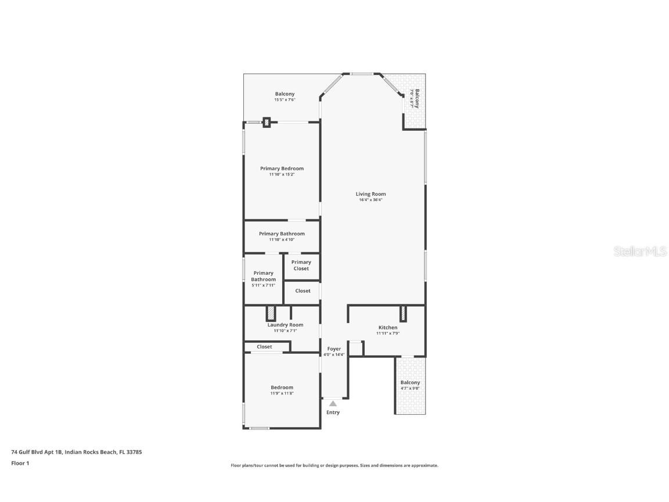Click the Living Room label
point(371,194)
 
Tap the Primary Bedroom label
point(282,168)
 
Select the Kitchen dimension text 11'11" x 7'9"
point(387,334)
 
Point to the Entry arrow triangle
point(333,403)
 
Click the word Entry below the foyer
point(333,413)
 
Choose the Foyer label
point(334,349)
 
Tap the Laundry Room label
point(285,325)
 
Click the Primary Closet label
point(301,266)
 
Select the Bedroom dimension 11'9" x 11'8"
point(282,393)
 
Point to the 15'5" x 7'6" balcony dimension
point(285,100)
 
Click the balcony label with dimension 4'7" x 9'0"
point(410,382)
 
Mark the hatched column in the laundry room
point(271,313)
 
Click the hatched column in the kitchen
point(403,314)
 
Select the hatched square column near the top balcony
point(267,123)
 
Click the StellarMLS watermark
point(639,252)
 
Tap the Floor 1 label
point(20,463)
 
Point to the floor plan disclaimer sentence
point(334,465)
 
